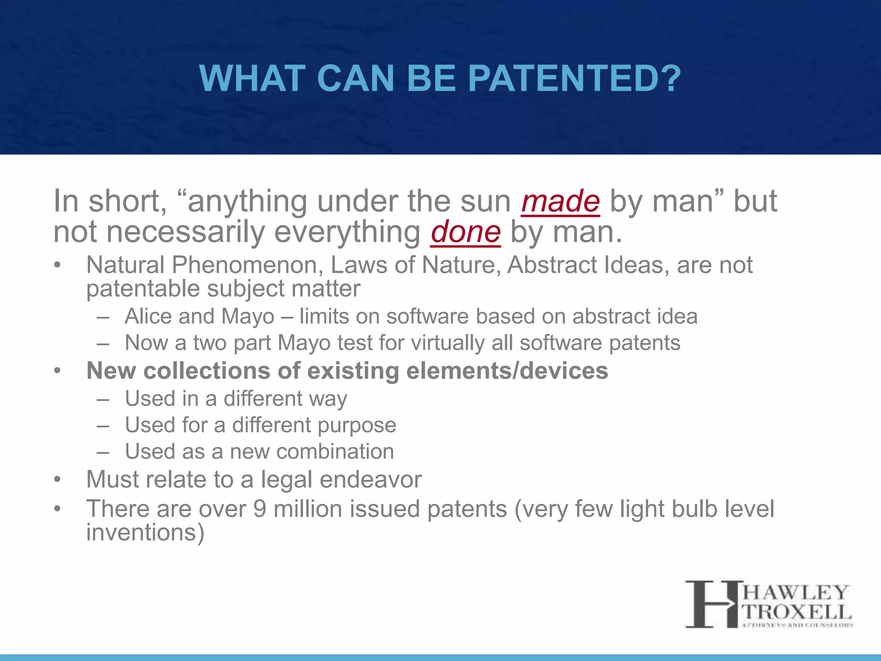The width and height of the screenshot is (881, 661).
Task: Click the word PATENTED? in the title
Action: pos(574,79)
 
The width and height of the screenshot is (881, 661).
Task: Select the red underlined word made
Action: pos(560,201)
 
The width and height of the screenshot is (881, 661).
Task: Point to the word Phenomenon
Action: pos(247,265)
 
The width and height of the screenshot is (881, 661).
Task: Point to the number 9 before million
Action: pos(259,509)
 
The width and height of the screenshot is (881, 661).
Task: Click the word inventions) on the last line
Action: pos(145,533)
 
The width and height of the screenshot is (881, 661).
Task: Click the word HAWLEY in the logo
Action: pos(795,593)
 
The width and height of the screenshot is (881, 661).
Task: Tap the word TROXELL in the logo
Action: pos(797,612)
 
